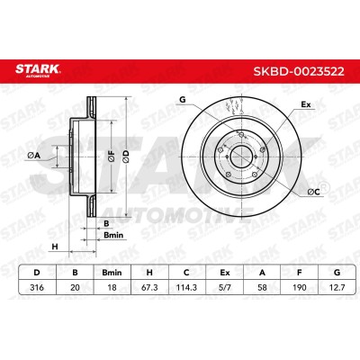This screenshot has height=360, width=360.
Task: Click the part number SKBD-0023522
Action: click(x=299, y=72)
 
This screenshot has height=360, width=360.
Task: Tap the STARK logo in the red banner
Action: click(x=38, y=70)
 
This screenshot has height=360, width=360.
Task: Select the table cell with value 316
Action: click(x=37, y=287)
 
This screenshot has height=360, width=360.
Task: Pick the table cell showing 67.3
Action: click(x=149, y=287)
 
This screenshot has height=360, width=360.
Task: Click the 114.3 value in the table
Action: click(x=186, y=287)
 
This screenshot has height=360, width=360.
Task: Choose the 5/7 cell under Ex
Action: click(x=225, y=287)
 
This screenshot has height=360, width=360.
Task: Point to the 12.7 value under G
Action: click(x=337, y=287)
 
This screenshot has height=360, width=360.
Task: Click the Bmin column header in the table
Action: click(x=112, y=273)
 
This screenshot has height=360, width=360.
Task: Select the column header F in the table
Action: click(x=300, y=273)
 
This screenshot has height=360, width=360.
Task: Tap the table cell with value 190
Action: click(x=300, y=287)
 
